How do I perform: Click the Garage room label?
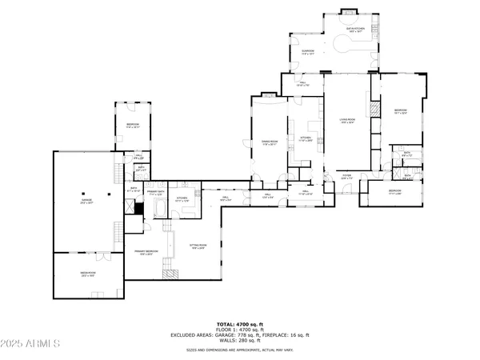[x=87, y=202]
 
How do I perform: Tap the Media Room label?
[x=88, y=274]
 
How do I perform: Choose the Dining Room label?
[x=270, y=143]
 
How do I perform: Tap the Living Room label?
[x=347, y=122]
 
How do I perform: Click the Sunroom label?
[x=307, y=53]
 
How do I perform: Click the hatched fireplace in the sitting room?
[x=171, y=273]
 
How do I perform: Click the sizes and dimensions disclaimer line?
[x=240, y=350]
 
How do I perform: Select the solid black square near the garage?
[x=138, y=208]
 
